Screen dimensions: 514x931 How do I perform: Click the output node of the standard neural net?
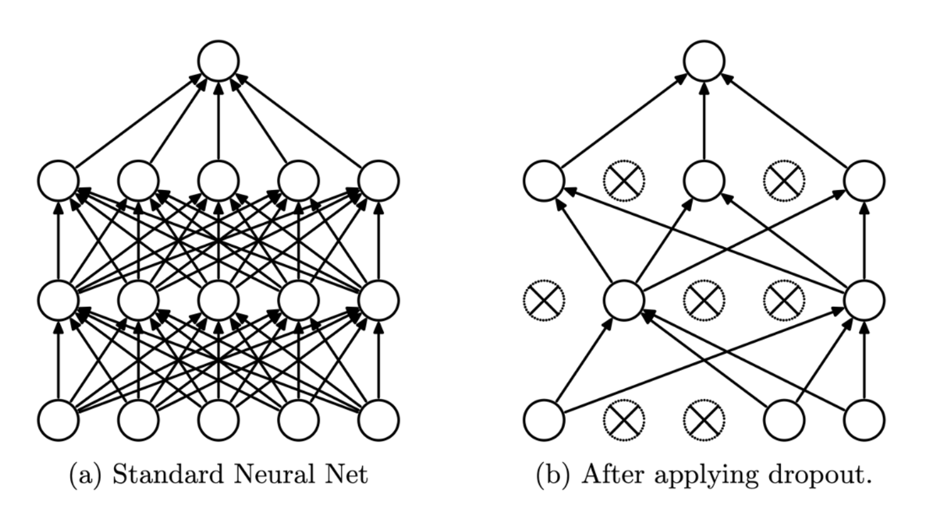(x=218, y=61)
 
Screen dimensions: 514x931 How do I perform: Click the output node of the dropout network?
(x=704, y=61)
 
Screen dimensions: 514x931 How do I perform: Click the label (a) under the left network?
(x=84, y=475)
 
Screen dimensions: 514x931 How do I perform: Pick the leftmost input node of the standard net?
(x=58, y=420)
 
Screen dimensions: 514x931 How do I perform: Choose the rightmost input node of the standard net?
(x=379, y=420)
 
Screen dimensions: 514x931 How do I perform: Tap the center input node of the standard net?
(x=218, y=420)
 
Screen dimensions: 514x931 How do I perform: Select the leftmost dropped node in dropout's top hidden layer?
(x=624, y=181)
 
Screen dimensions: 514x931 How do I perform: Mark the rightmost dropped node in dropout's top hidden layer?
(x=784, y=181)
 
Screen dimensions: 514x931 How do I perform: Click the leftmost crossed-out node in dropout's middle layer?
(x=544, y=301)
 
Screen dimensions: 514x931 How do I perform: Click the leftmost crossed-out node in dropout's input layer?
(x=624, y=420)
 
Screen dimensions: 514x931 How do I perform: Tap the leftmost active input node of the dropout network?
(x=544, y=420)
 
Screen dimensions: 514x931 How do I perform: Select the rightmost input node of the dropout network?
(x=864, y=420)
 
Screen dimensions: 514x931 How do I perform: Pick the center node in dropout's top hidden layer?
(x=704, y=181)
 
